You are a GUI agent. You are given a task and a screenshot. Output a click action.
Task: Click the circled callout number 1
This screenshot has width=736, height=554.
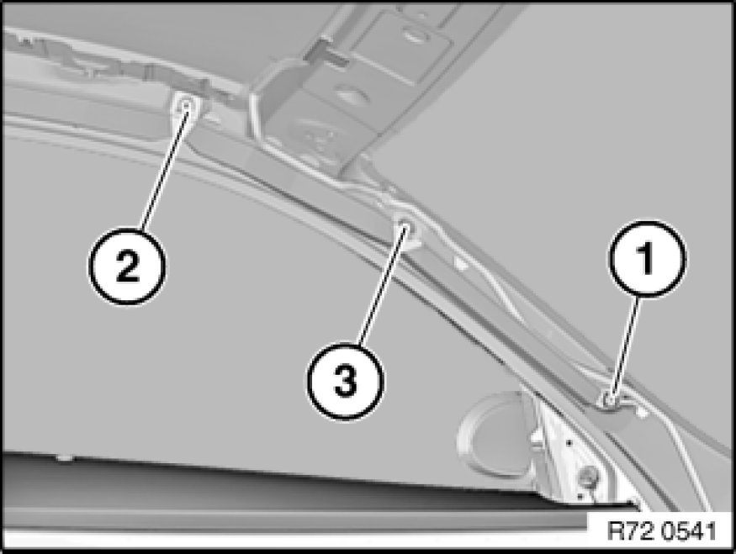pos(648,258)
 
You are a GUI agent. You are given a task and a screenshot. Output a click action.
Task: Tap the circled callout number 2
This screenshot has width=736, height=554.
pos(127,266)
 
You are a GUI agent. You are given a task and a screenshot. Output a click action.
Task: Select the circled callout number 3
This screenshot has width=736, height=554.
pos(346,381)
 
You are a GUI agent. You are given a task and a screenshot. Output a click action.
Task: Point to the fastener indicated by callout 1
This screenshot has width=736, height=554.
pos(610,399)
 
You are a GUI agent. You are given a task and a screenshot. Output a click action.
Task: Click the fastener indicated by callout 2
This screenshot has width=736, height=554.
pos(187,105)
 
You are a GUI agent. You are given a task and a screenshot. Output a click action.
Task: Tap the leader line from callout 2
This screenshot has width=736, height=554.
pos(163,167)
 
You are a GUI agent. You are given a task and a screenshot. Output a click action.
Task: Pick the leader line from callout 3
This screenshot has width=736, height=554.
pos(382,286)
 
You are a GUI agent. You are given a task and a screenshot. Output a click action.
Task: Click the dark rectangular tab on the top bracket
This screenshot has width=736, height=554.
pos(326,52)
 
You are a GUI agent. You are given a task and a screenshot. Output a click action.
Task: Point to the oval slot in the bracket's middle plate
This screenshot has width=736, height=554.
pos(351,94)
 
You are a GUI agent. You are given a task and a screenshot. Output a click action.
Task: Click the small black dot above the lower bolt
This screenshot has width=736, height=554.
pos(569,442)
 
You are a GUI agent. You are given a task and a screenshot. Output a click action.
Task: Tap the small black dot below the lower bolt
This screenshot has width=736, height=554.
pos(580,495)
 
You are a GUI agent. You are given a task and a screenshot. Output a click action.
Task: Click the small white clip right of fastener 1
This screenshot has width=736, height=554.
pos(641,411)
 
